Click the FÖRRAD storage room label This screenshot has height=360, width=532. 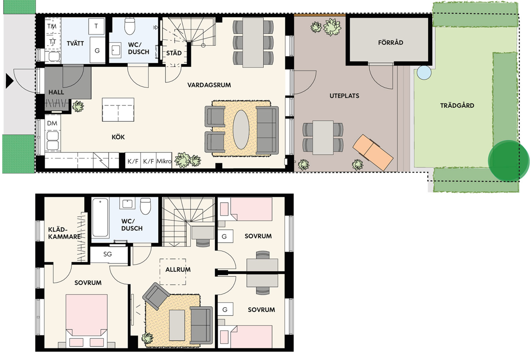coord(391,43)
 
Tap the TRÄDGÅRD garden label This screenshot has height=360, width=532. coord(457,106)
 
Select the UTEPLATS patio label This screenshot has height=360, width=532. coord(344,96)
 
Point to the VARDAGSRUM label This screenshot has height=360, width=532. coord(209,85)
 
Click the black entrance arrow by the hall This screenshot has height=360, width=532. coord(9,81)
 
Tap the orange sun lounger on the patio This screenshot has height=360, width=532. coord(373,152)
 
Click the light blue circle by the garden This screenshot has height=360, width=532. coord(424,72)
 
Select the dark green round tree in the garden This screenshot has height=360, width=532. coord(509,161)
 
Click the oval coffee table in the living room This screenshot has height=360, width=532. coord(241,129)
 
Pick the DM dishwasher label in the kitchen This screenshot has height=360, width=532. coord(52,123)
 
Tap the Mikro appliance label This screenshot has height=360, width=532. coord(164,161)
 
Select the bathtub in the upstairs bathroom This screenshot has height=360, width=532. coord(100,218)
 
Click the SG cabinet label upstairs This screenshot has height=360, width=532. coord(108,254)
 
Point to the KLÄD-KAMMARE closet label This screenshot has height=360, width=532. coord(64,233)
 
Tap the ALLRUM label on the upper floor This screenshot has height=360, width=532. coord(178,270)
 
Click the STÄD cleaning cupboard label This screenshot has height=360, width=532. coord(174,53)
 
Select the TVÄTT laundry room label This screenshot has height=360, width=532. coord(75,43)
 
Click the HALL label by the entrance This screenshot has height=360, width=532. coord(56,92)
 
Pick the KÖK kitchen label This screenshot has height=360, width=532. coord(118,137)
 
